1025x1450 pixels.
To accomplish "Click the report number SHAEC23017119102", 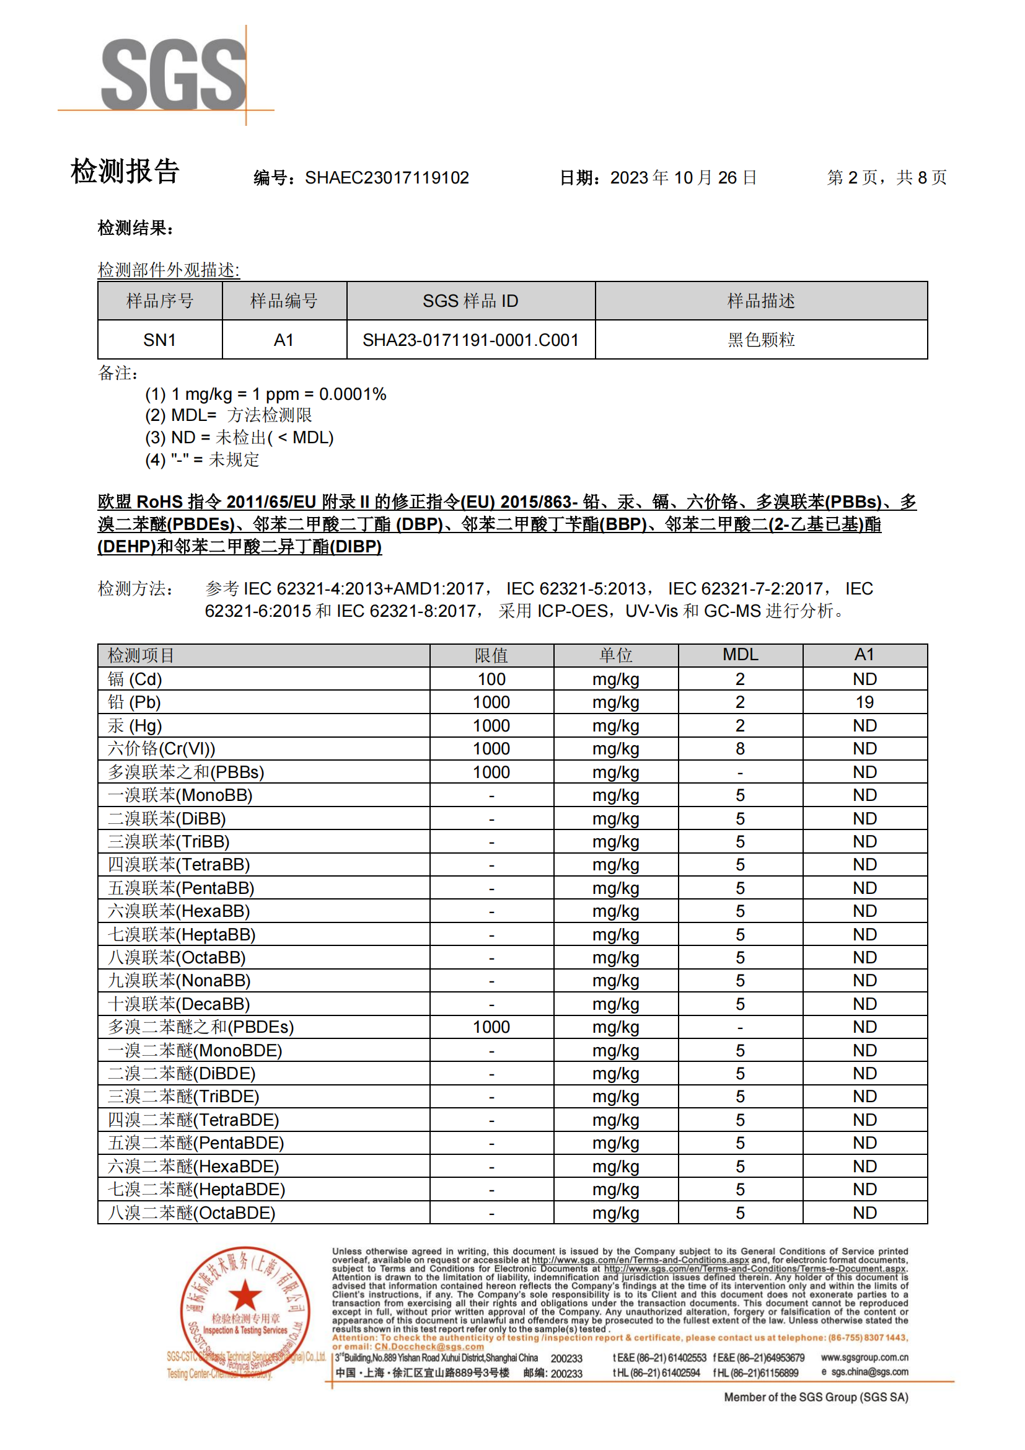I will (386, 178).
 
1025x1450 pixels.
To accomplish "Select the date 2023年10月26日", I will (683, 178).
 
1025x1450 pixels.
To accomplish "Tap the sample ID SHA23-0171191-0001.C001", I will (470, 340).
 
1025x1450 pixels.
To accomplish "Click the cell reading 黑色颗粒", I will (760, 340).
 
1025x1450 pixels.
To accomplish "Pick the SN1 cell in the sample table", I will (159, 340).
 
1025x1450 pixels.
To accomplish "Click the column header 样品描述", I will (760, 301).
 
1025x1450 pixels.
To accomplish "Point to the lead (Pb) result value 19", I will (864, 702).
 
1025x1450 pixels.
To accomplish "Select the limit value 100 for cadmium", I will (491, 679).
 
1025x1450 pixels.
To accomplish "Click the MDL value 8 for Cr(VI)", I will (740, 749).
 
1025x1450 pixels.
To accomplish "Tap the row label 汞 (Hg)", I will (134, 726).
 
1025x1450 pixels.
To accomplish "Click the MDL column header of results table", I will (740, 655).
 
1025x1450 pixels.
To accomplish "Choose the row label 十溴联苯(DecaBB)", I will (178, 1004).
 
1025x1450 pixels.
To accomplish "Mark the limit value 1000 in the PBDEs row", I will (491, 1027).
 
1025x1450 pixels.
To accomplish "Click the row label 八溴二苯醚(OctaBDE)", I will (191, 1213).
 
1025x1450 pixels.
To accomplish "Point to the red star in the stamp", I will (245, 1295).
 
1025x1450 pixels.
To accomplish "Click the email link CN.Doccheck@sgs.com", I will (429, 1346).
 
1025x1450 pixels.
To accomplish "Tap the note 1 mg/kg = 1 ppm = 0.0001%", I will (265, 394).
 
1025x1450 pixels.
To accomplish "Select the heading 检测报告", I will (125, 171).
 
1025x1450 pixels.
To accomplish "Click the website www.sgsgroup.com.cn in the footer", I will (864, 1357).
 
